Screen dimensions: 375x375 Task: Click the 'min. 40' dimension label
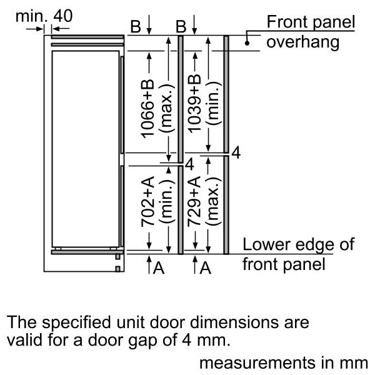coord(44,16)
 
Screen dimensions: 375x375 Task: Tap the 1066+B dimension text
coord(147,109)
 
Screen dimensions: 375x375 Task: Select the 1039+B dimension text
coord(194,103)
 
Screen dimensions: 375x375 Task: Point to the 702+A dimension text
coord(147,202)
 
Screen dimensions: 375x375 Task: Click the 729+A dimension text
coord(194,202)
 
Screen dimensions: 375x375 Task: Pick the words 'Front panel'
coord(311,22)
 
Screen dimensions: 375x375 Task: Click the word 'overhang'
coord(302,42)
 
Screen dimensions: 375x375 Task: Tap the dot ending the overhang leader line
coord(247,43)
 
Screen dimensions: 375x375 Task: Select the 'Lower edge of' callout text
coord(299,244)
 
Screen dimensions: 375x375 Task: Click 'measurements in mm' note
coord(284,362)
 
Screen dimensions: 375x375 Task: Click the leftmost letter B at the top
coord(136,26)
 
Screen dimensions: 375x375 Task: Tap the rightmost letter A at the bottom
coord(206,267)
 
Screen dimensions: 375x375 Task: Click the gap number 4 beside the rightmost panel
coord(236,153)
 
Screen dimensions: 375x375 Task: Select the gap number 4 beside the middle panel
coord(189,164)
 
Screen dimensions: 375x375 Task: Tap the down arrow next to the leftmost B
coord(149,25)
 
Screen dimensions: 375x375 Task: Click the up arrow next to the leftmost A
coord(149,264)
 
